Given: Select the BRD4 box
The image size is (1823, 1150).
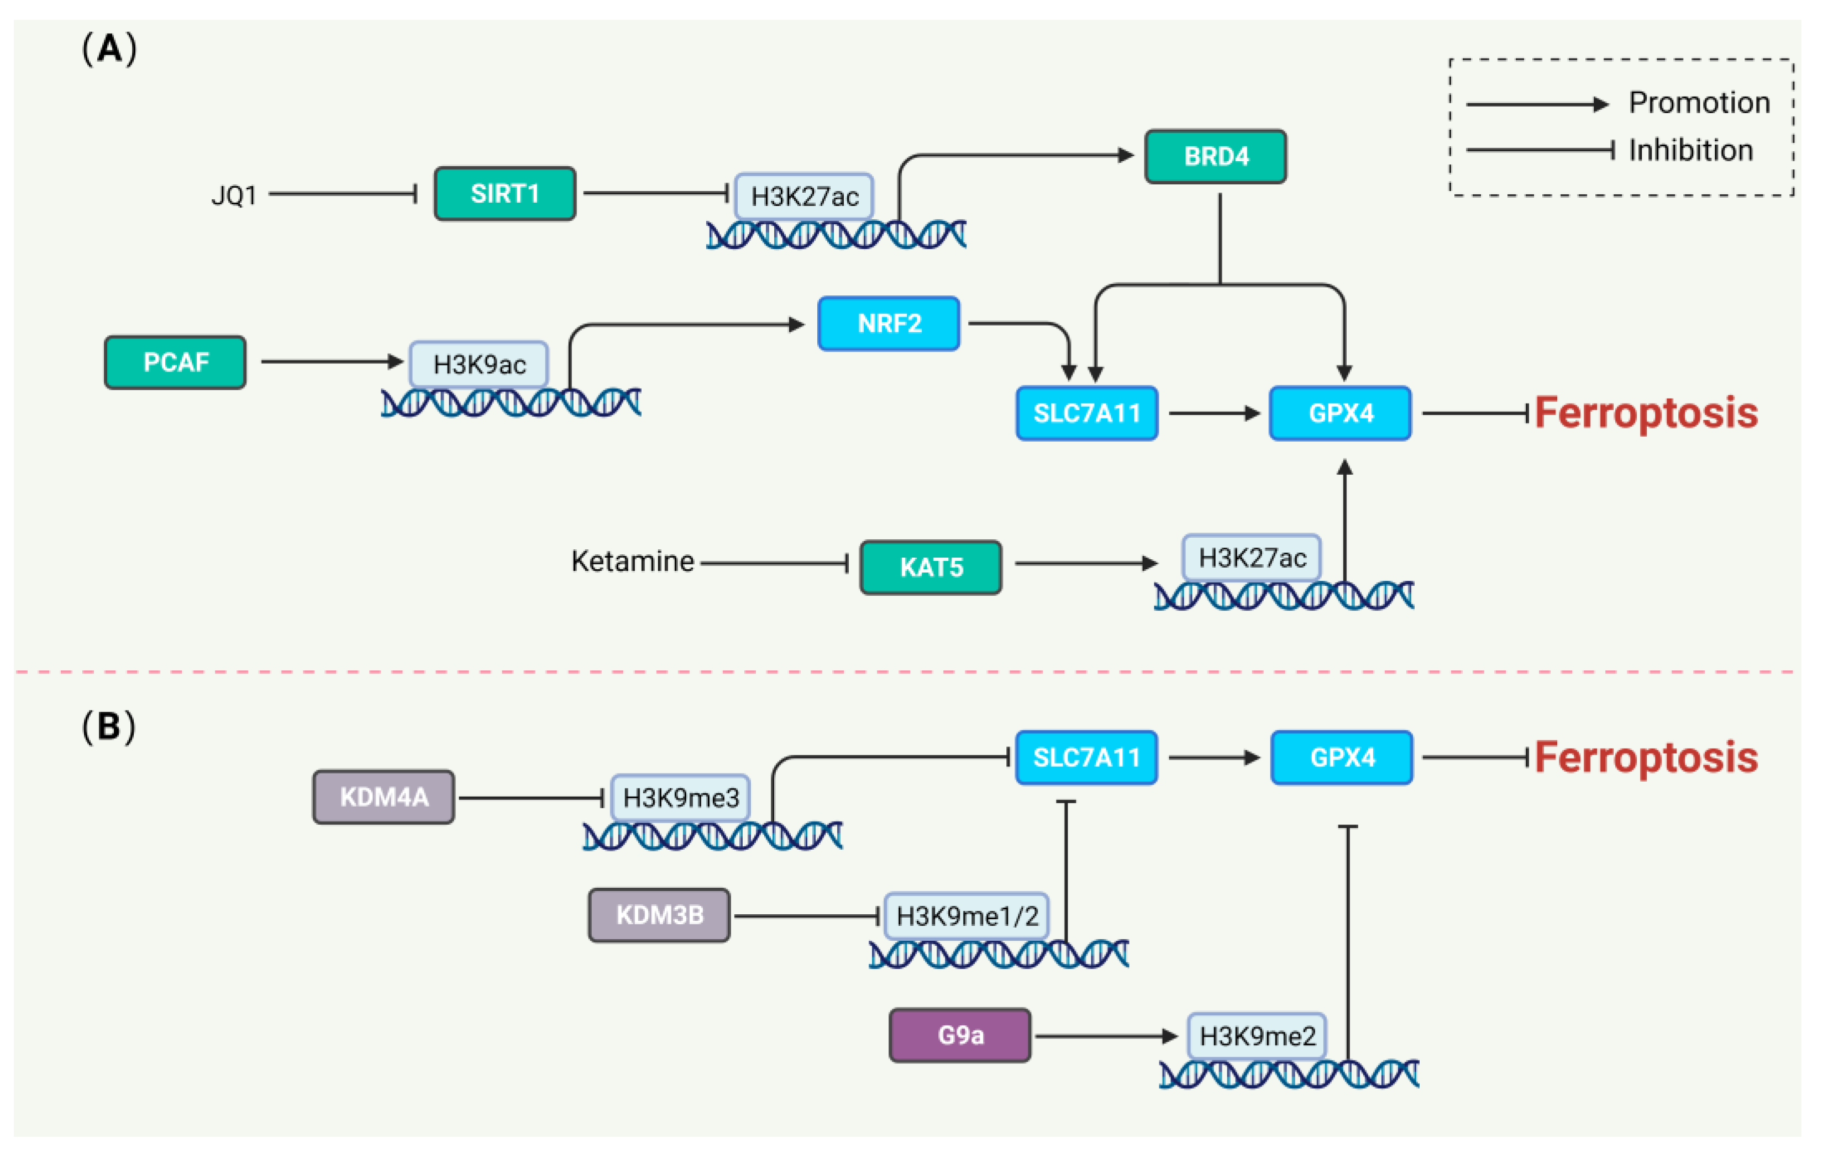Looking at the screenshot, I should pos(1215,157).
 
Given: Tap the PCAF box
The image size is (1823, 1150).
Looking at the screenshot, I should pos(176,362).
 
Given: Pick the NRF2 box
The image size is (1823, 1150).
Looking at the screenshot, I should pos(889,324).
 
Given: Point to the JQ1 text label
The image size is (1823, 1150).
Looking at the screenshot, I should pos(234,196).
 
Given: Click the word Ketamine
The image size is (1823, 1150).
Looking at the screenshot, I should pos(632,561).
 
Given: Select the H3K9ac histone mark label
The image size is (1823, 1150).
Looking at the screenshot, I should pos(479,365).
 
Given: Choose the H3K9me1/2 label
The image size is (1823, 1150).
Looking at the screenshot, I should pos(967,916).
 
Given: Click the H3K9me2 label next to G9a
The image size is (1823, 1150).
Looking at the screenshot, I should pos(1257,1036).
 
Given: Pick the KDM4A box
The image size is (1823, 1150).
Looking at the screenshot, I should pos(384,797).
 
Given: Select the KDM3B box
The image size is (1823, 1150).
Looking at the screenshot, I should pos(659,915).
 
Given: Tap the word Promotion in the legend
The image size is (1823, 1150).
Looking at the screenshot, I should pos(1699,103).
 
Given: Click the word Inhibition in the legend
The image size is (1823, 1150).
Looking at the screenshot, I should pos(1690,151).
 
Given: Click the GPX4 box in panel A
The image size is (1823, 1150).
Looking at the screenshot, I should pos(1340,413).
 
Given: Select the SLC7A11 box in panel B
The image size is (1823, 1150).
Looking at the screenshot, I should pos(1086,757).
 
